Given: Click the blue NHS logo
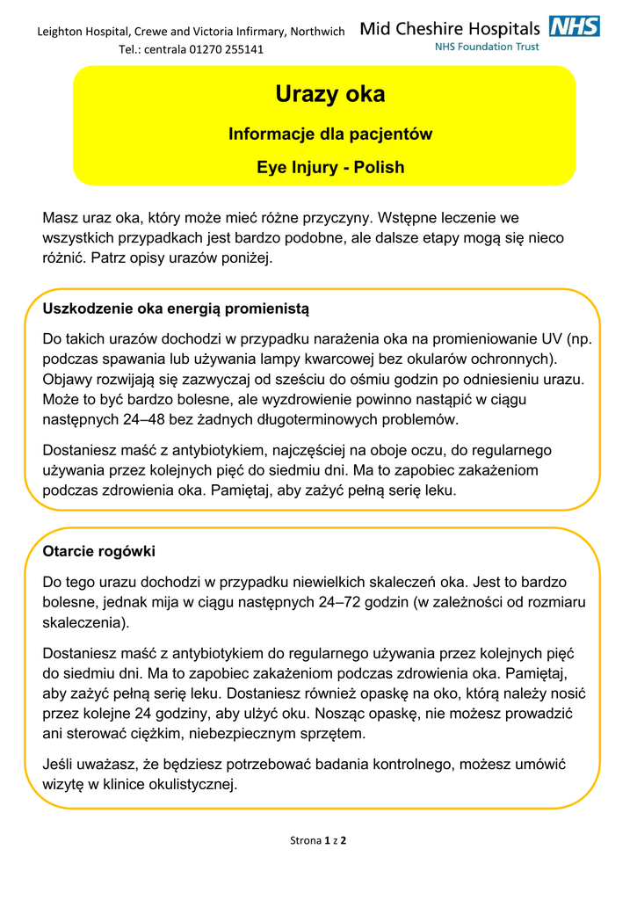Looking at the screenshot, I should coord(575,26).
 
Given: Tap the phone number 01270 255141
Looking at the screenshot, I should coord(226,49).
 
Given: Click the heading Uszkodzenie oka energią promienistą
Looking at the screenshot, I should coord(176,308).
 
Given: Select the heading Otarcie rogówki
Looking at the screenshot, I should coord(98,551).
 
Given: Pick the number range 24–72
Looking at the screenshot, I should coord(341,602).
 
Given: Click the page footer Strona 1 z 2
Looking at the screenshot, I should coord(318,840).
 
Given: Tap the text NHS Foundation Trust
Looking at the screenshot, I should coord(487,47).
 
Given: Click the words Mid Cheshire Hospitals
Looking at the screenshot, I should coord(450,28).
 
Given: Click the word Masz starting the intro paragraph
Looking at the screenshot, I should coord(61,217).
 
